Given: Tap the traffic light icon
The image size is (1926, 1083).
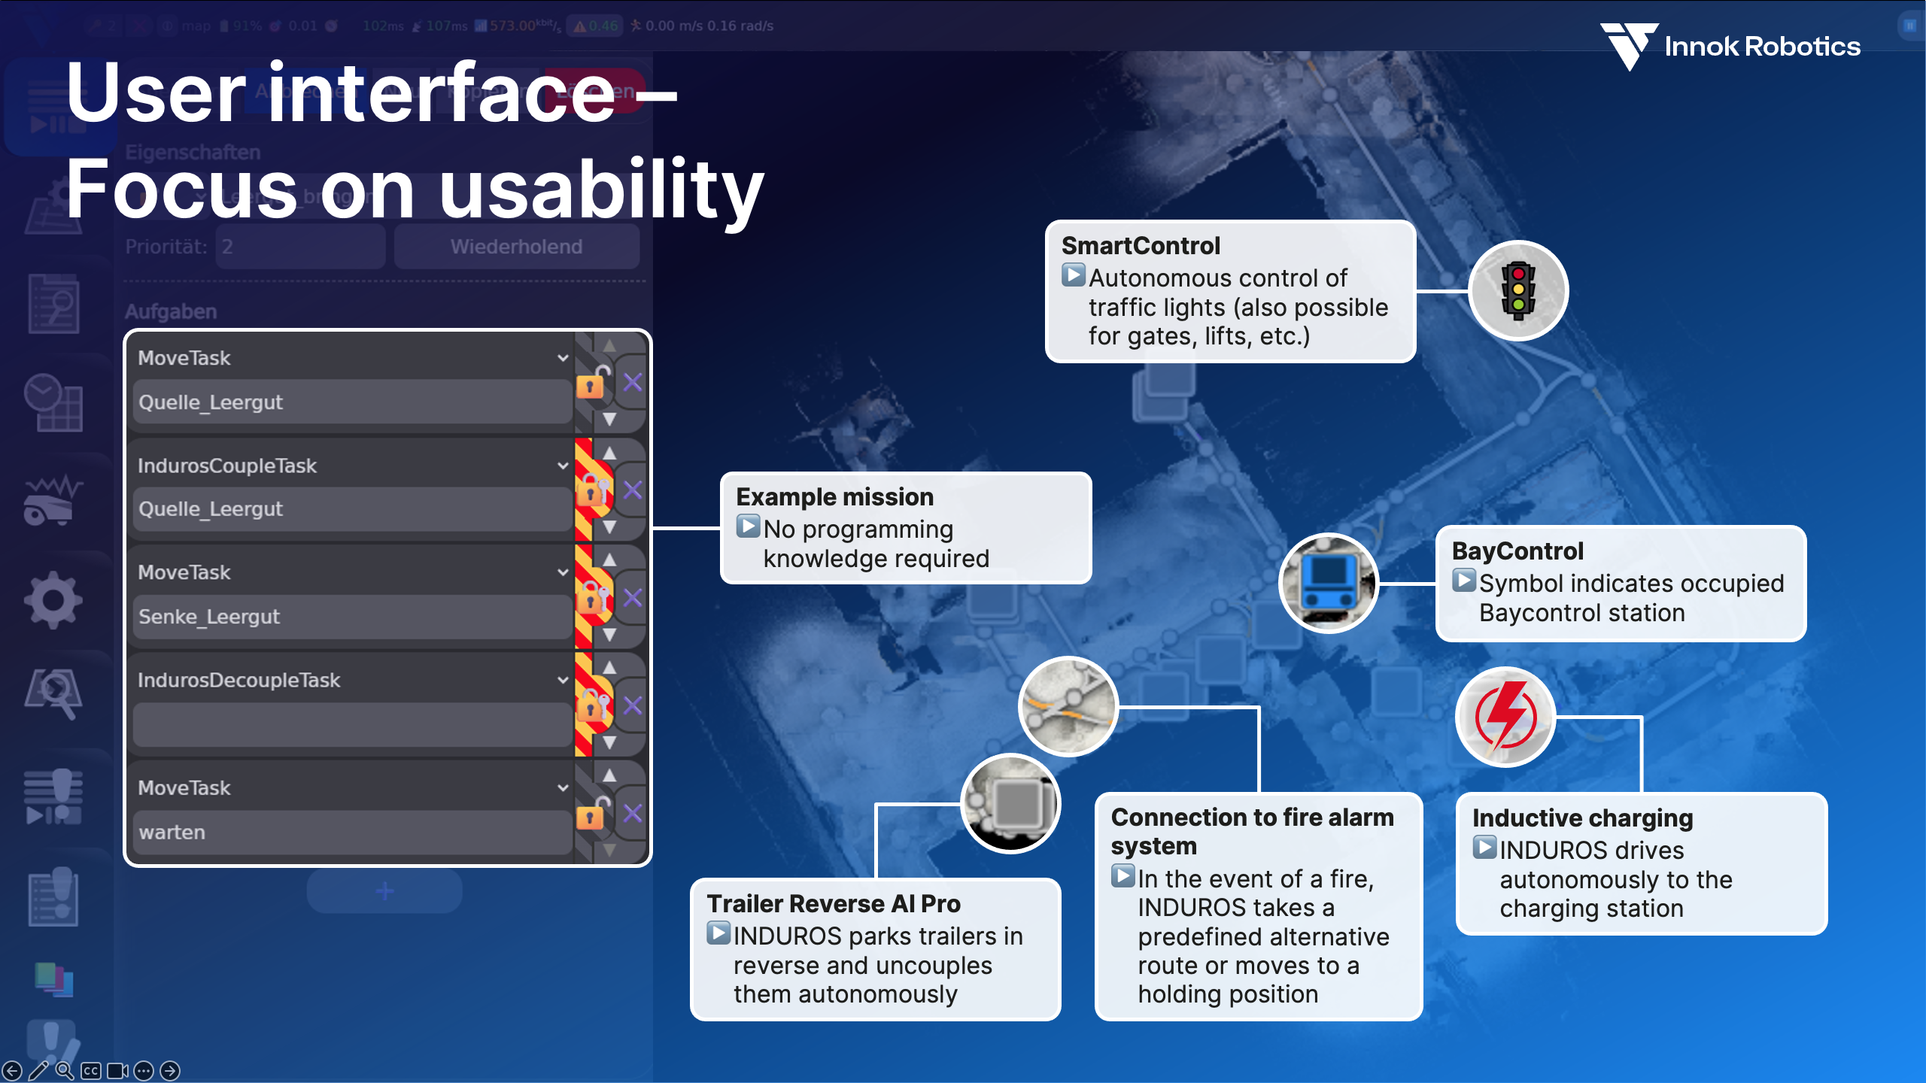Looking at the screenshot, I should coord(1518,291).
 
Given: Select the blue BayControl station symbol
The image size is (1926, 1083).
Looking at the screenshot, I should coord(1329,584).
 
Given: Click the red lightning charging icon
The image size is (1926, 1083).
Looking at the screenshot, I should coord(1505,717).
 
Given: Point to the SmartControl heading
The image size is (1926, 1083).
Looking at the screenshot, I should coord(1141,246).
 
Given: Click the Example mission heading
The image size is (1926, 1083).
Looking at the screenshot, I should coord(834,497).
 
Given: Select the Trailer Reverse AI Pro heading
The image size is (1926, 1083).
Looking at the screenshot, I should coord(833,903).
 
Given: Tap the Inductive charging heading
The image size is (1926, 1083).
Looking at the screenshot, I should coord(1582,818).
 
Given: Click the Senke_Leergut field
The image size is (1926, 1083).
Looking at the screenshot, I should coord(351,617).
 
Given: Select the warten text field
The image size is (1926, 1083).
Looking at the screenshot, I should coord(351,833).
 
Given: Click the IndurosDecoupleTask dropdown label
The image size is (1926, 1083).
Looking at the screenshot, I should coord(239,680).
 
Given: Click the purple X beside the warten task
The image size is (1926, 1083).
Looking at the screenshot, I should coord(633,813).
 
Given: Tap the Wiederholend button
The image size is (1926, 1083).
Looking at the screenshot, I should coord(516,247).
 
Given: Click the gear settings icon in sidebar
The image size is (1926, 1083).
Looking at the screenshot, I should coord(53,599).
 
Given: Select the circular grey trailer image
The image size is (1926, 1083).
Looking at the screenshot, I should coord(1010,803).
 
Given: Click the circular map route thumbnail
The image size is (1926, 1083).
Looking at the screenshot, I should coord(1068,706).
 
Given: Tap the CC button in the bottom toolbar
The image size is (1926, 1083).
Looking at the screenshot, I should coord(91,1071).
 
